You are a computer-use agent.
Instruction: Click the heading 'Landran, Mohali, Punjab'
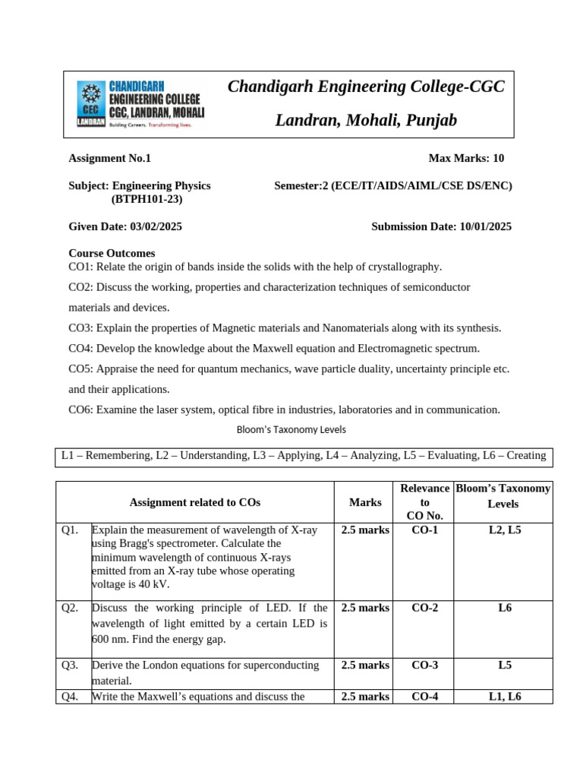366,120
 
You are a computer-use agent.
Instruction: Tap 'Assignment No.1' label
110,158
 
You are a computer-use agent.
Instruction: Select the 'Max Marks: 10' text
466,158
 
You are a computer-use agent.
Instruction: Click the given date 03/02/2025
156,226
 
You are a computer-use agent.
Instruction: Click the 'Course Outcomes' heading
112,253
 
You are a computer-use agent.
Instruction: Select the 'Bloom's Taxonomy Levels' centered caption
291,429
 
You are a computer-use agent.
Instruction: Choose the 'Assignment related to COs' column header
195,502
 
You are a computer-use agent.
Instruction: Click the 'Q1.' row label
71,530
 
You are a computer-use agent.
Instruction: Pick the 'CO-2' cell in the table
424,608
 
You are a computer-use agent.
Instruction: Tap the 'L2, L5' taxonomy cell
505,530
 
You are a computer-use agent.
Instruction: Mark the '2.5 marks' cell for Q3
365,665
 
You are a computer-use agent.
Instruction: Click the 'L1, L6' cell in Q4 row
505,696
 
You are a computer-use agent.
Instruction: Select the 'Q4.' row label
71,696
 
